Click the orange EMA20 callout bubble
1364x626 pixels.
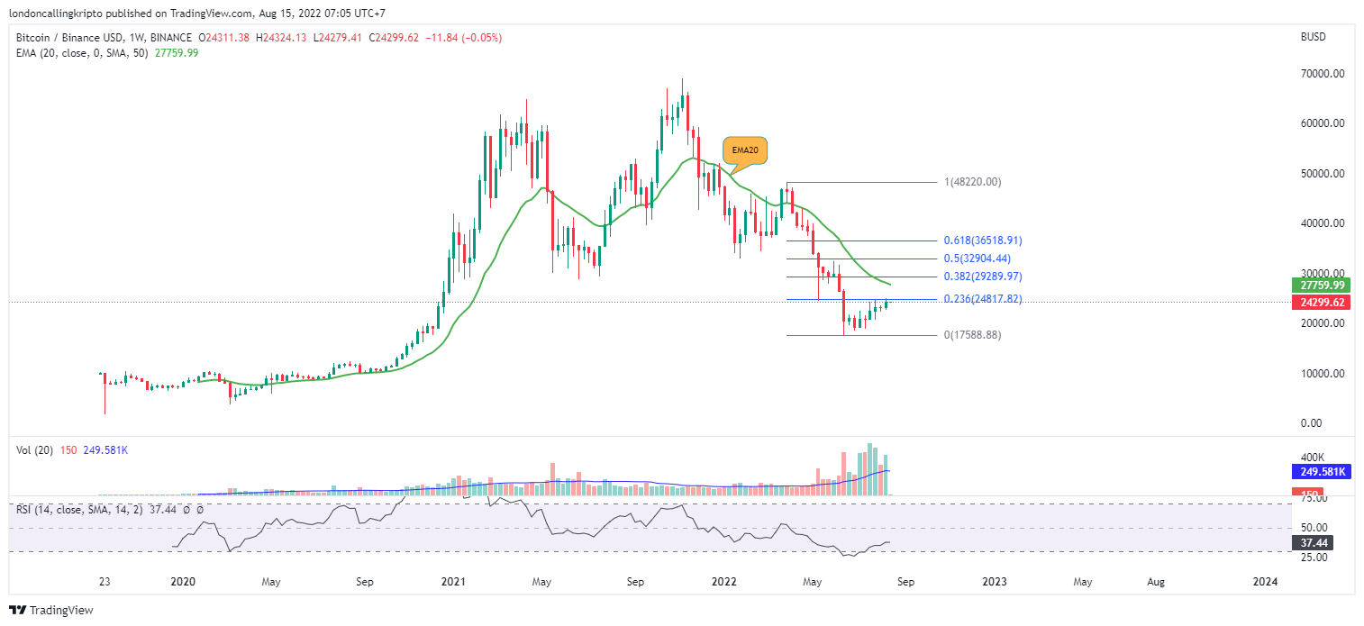coord(744,150)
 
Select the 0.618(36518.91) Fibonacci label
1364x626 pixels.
coord(982,240)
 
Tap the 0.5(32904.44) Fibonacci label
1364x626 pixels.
coord(977,259)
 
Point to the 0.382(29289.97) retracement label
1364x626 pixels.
coord(982,277)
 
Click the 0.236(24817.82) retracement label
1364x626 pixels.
coord(982,299)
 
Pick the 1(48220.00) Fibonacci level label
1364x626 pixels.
coord(972,182)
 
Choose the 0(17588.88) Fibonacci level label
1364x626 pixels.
coord(972,335)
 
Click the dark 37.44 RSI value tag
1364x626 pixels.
coord(1311,543)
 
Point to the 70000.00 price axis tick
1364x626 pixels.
coord(1320,74)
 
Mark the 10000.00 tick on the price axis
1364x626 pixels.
coord(1320,374)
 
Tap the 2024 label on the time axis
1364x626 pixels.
coord(1266,582)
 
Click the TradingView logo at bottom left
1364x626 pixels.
coord(51,611)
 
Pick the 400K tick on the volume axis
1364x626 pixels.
coord(1309,458)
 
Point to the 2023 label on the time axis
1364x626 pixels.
coord(994,582)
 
